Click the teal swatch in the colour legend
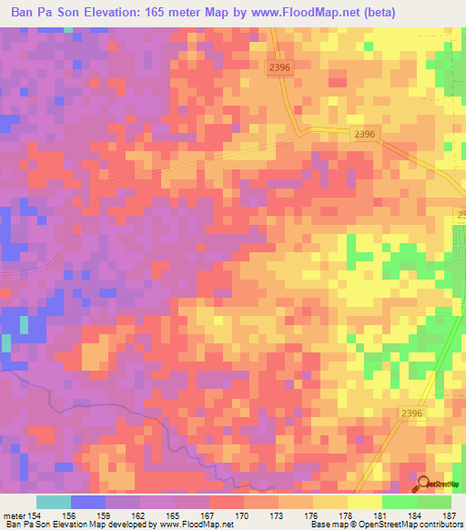pyautogui.click(x=54, y=502)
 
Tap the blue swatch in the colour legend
pyautogui.click(x=88, y=502)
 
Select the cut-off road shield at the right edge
pyautogui.click(x=461, y=215)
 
